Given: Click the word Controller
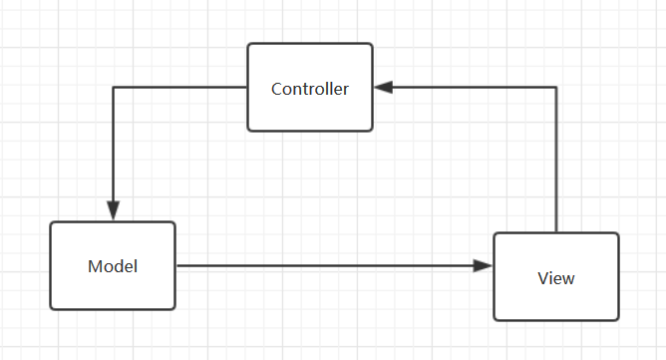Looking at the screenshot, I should coord(310,89).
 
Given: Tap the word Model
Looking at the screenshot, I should coord(112,266).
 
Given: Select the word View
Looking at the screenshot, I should coord(555,278).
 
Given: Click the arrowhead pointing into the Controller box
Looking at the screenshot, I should coord(383,88).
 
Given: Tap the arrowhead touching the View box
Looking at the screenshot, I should coord(484,266).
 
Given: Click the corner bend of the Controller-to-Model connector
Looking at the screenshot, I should coord(113,88).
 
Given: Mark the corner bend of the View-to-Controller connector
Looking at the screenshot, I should coord(555,88).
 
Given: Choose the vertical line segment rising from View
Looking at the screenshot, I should coord(555,160).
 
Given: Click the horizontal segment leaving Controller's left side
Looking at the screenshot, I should coord(179,88).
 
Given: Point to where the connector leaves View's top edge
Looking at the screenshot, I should coord(555,232).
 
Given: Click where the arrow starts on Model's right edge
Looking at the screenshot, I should coord(176,266).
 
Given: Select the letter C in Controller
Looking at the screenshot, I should coord(276,89).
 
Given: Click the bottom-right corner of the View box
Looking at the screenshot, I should coord(617,319).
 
